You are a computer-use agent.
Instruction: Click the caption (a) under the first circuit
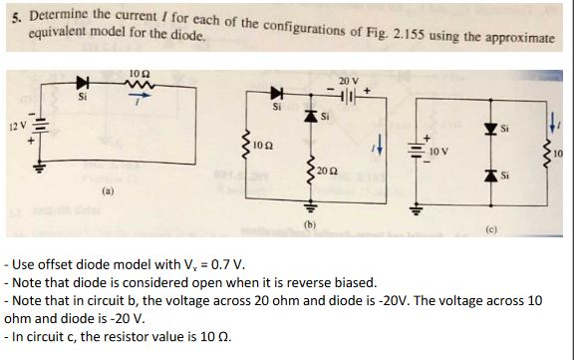point(107,184)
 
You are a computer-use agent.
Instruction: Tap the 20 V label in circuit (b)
point(347,79)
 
